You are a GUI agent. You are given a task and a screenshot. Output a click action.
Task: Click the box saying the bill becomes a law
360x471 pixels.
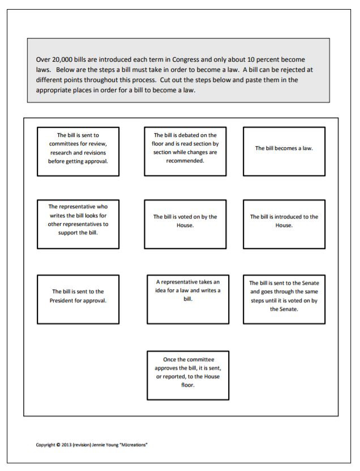click(x=284, y=151)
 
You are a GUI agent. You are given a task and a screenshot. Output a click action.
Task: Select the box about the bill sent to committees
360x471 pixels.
click(x=78, y=151)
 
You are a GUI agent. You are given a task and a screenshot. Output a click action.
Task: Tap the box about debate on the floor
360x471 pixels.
click(x=185, y=151)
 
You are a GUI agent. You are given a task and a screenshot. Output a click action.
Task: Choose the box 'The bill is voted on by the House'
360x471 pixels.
click(x=185, y=224)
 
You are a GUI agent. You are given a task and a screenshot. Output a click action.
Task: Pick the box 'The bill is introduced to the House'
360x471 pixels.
click(x=284, y=224)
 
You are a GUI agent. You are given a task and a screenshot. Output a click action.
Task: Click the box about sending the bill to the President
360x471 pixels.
click(x=78, y=299)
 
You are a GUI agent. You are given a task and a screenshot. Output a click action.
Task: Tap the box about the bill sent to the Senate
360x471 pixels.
click(x=284, y=299)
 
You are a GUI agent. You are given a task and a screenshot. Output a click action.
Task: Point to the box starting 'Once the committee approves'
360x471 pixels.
click(x=188, y=375)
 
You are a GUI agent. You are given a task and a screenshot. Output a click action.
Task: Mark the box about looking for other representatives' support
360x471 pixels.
click(x=78, y=224)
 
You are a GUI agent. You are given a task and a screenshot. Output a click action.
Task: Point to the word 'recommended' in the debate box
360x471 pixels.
click(x=185, y=161)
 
